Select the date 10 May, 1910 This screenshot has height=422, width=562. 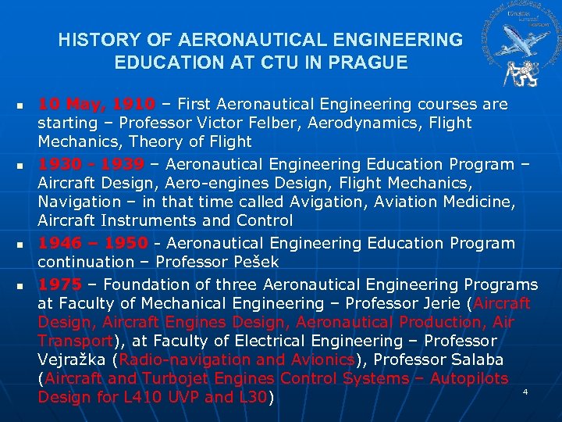(97, 105)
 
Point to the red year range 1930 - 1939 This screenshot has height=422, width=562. (91, 164)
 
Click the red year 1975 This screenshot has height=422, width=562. (59, 284)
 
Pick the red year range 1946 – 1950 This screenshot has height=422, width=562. (92, 243)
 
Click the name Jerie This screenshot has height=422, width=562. (443, 303)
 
